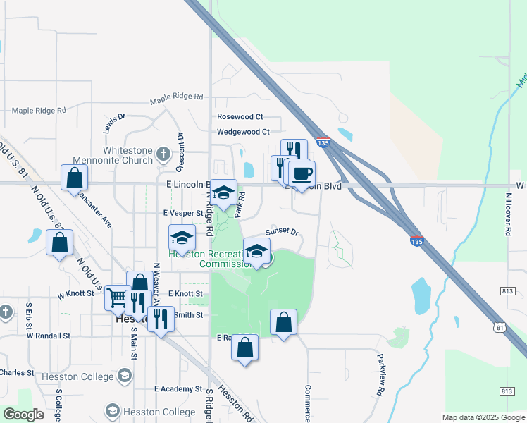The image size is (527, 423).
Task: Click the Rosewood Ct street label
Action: [x=240, y=117]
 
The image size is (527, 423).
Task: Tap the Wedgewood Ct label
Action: [x=243, y=132]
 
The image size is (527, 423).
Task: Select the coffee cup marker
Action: [x=302, y=173]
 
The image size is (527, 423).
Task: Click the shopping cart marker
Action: [x=118, y=297]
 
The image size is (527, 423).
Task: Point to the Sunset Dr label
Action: [x=282, y=232]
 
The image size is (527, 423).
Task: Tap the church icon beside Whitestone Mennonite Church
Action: [x=163, y=154]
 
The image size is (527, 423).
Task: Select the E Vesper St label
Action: [x=182, y=212]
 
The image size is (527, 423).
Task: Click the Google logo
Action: [x=23, y=415]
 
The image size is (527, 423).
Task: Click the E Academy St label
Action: [x=178, y=388]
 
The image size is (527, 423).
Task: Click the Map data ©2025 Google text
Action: [x=482, y=417]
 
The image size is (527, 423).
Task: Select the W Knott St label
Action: [x=75, y=294]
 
